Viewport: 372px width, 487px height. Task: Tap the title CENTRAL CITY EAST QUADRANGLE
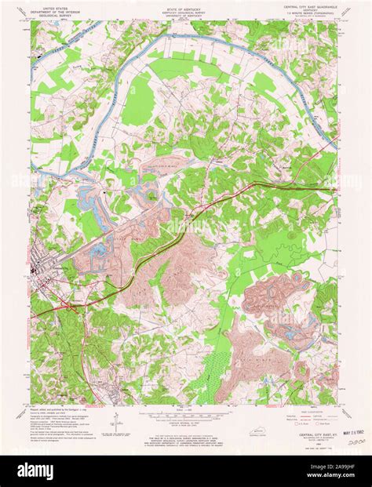[308, 5]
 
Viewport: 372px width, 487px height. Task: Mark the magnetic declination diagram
[115, 420]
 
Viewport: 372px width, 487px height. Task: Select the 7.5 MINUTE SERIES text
[308, 13]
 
